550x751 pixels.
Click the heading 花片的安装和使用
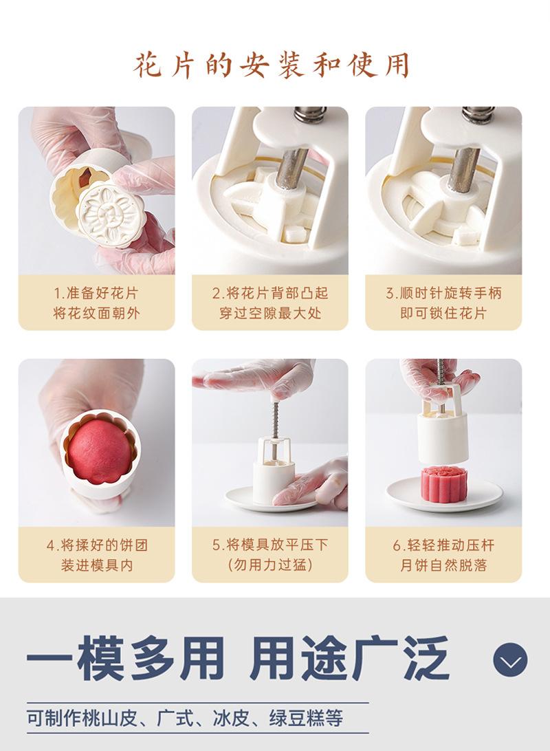click(272, 65)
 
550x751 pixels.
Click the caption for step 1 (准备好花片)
click(96, 303)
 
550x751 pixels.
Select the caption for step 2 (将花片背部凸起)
click(270, 303)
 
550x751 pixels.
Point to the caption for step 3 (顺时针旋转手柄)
click(443, 303)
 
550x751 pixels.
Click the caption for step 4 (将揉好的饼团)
click(97, 554)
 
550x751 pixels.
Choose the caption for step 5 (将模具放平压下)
click(270, 554)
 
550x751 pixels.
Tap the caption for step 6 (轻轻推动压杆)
click(443, 554)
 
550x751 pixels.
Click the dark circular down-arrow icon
click(510, 660)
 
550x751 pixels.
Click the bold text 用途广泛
click(349, 659)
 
